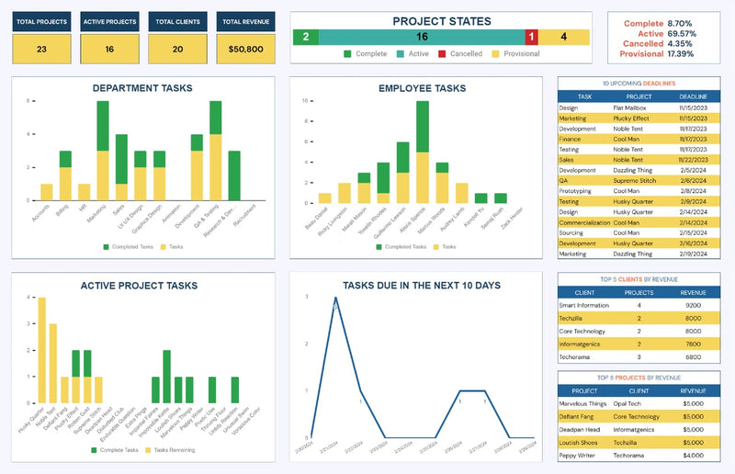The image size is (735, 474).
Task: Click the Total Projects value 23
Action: pos(41,49)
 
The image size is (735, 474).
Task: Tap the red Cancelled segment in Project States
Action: pos(531,37)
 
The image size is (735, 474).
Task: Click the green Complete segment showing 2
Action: pos(306,37)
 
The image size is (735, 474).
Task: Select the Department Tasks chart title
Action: pos(142,88)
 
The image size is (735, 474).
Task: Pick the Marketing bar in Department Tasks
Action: pos(103,152)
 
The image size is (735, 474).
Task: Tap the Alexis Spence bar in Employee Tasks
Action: pos(423,152)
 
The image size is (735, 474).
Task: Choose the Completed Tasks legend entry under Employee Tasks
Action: pos(404,247)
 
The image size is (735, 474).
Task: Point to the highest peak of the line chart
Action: pos(335,298)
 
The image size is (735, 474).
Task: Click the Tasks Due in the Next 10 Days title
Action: pos(422,286)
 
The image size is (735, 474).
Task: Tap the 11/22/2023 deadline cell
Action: pos(694,159)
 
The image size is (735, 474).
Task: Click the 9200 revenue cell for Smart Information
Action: pos(694,305)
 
